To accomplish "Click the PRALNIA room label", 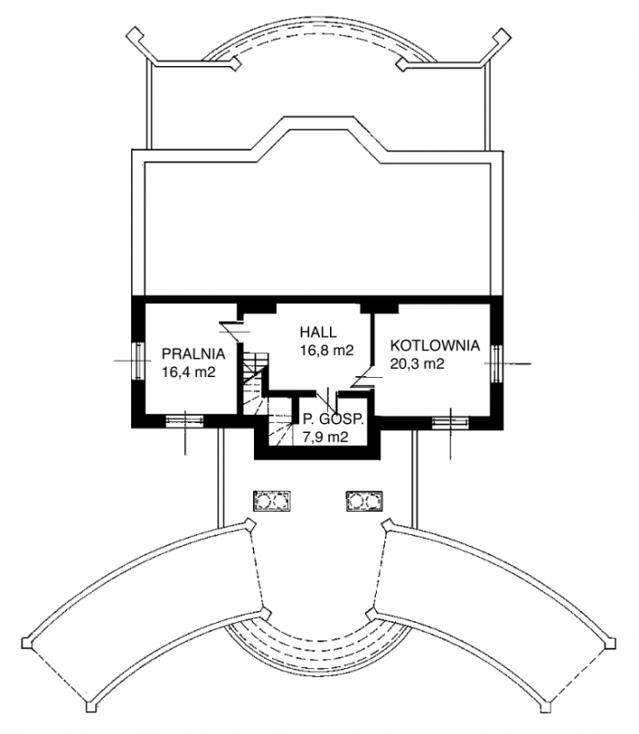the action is click(193, 354).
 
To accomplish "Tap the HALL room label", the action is click(318, 332).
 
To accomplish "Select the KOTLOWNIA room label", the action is click(435, 346).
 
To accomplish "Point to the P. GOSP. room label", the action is click(333, 419).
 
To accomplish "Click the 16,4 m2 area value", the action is click(189, 373).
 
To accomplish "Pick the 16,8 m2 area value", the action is click(326, 350).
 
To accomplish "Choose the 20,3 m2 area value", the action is click(417, 363).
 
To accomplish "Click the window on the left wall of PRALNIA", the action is click(138, 361).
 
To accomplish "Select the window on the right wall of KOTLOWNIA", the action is click(497, 363).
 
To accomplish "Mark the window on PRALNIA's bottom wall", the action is click(185, 421).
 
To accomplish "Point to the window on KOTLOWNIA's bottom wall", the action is click(450, 422).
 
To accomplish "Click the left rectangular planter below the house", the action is click(271, 501).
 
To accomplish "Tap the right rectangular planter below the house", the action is click(364, 501).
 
